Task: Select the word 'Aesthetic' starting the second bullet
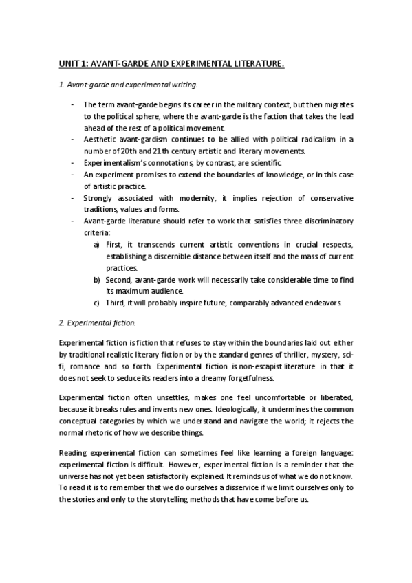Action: point(100,140)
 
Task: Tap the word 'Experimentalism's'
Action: point(114,163)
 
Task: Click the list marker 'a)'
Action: point(96,245)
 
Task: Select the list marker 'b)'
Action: point(96,280)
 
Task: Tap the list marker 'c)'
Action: point(96,303)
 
